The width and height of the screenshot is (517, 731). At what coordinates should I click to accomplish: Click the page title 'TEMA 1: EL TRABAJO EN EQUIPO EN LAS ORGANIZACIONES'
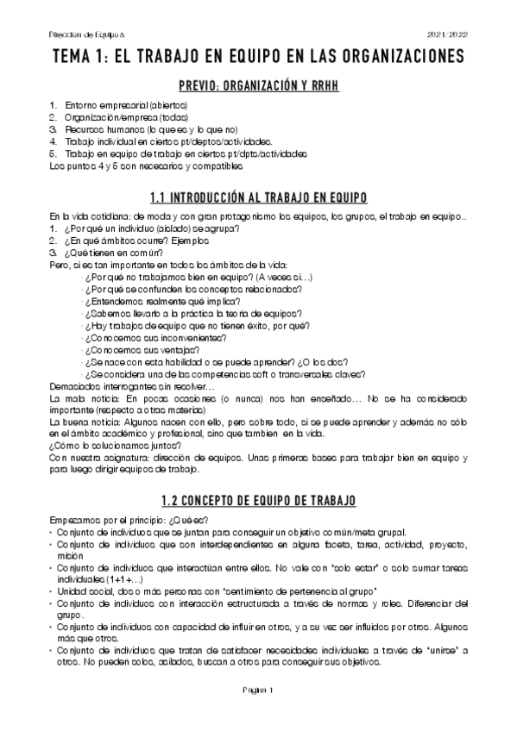click(x=258, y=57)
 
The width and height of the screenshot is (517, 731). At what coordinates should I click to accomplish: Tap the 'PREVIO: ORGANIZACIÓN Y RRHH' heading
click(x=258, y=85)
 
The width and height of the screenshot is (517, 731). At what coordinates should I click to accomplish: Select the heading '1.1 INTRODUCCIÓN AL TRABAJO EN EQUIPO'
click(x=258, y=197)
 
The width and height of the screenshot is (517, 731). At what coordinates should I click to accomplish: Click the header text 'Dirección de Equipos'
click(x=77, y=35)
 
